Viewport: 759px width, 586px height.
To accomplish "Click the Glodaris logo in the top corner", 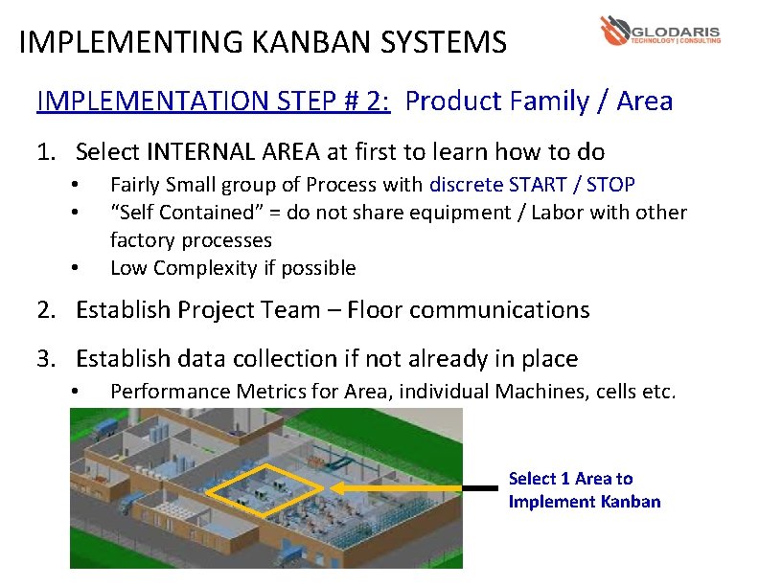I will (660, 31).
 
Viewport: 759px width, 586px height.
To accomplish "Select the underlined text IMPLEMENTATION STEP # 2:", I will (213, 101).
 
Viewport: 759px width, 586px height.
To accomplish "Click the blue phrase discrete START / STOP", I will (532, 184).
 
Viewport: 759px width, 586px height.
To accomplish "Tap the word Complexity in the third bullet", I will (201, 267).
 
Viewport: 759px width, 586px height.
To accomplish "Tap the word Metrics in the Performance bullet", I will (257, 391).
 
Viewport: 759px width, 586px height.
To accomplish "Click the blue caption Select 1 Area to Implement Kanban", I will (584, 489).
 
